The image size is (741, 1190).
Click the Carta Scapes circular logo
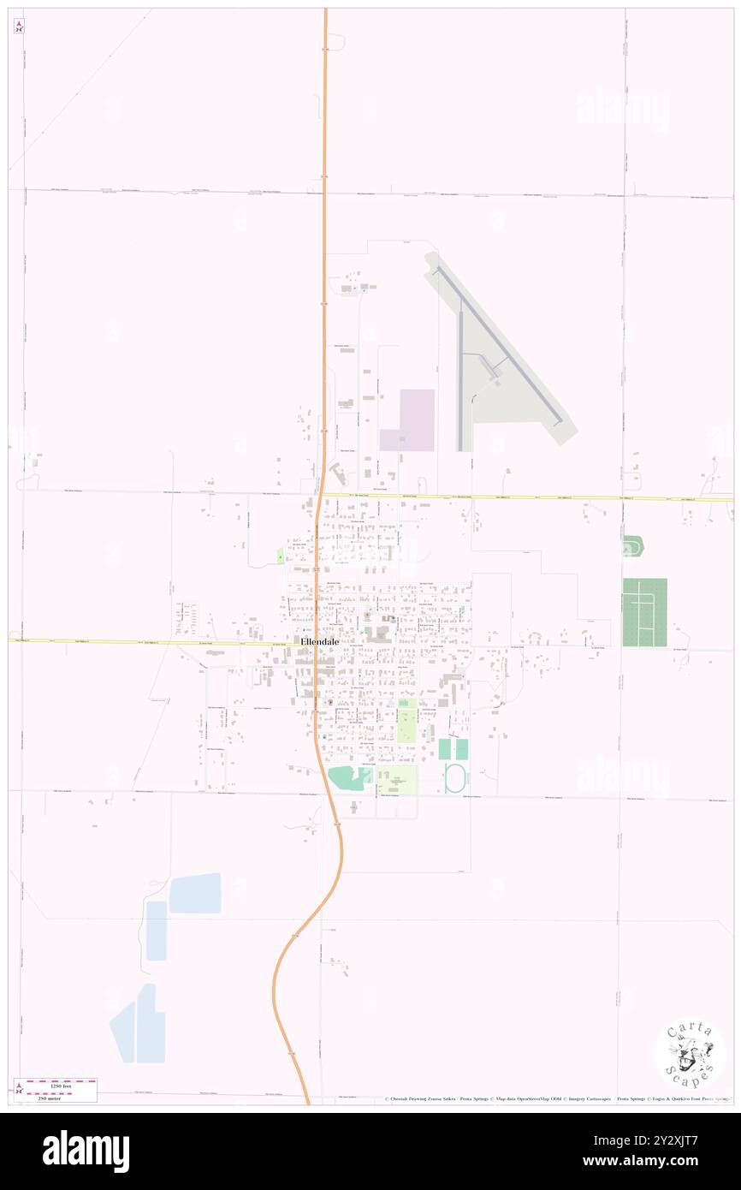click(x=690, y=1054)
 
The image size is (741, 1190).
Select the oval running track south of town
click(x=455, y=778)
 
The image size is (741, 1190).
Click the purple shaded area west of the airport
click(x=408, y=419)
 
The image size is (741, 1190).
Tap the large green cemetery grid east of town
click(x=644, y=612)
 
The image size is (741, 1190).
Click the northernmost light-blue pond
click(x=195, y=893)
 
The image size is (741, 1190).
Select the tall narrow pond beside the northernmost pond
click(x=157, y=931)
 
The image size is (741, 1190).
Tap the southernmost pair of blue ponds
click(x=139, y=1024)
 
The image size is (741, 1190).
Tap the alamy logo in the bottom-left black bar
click(x=86, y=1151)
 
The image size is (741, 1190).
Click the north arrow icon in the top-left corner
click(x=19, y=27)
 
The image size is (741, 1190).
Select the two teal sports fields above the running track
click(x=453, y=749)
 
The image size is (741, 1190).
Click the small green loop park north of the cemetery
click(x=633, y=545)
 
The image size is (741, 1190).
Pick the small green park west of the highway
click(x=280, y=556)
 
